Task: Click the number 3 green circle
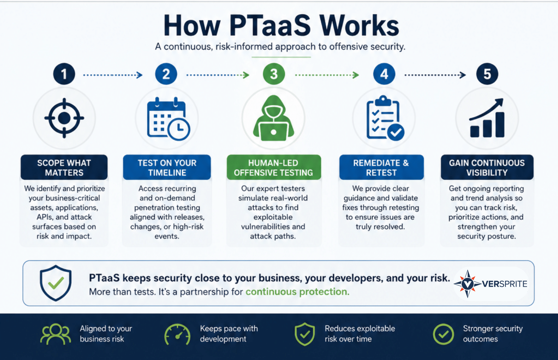[x=274, y=74]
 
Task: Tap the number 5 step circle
[x=487, y=74]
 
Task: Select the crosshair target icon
[x=64, y=118]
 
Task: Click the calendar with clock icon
[x=168, y=119]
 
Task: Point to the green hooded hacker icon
[x=274, y=118]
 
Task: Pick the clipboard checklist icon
[x=385, y=118]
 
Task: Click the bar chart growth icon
[x=487, y=118]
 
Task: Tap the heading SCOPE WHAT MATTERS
[x=64, y=168]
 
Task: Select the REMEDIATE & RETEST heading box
[x=382, y=167]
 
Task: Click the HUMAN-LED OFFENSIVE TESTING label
[x=274, y=168]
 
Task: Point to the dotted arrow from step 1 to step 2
[x=113, y=75]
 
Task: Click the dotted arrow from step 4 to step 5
[x=435, y=75]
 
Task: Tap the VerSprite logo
[x=490, y=284]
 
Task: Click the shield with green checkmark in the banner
[x=56, y=283]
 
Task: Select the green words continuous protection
[x=297, y=292]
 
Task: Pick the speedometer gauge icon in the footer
[x=177, y=334]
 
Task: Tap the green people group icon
[x=56, y=334]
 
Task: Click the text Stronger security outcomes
[x=493, y=334]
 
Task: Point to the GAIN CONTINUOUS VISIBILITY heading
[x=487, y=168]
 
